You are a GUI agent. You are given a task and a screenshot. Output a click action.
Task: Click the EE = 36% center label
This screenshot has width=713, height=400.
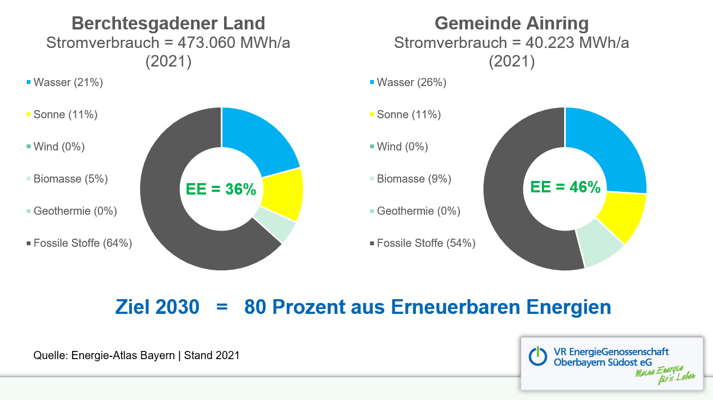click(x=221, y=189)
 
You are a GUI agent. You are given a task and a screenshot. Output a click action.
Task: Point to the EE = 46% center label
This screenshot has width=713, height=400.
click(x=565, y=187)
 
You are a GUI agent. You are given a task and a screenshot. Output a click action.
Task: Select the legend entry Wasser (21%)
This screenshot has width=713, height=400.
click(x=65, y=82)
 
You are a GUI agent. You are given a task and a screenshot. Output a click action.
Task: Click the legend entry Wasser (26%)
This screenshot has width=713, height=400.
click(x=408, y=82)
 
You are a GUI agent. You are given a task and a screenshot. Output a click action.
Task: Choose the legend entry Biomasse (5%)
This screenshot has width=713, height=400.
click(x=67, y=179)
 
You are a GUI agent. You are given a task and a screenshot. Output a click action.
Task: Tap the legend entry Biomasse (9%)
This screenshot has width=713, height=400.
click(x=410, y=179)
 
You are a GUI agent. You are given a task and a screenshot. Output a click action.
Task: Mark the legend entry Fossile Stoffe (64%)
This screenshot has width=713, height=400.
click(x=79, y=243)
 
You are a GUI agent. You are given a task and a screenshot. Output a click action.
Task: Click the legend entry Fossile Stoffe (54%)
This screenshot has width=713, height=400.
click(x=422, y=243)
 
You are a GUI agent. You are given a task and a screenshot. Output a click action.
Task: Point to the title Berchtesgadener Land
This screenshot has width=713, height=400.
click(x=168, y=23)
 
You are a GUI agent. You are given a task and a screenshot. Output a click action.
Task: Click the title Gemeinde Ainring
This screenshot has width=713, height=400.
click(x=511, y=23)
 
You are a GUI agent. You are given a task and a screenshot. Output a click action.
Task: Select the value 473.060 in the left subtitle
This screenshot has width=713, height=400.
click(x=207, y=43)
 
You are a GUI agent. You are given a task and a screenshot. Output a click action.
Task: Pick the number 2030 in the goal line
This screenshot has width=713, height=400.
click(x=178, y=307)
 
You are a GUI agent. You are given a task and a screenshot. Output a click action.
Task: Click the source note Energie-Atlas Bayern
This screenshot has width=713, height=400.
click(x=123, y=355)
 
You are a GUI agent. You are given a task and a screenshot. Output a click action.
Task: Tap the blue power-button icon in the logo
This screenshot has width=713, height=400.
click(x=538, y=356)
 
